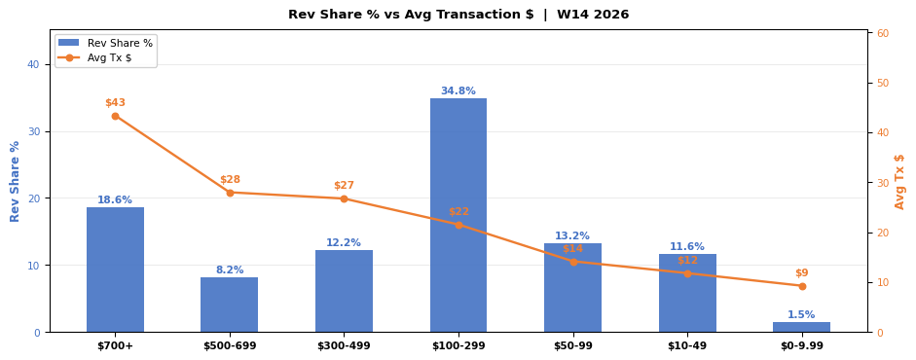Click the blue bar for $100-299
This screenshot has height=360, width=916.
[x=458, y=215]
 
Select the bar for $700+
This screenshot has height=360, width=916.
[x=115, y=270]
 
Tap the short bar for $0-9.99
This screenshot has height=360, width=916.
[x=801, y=327]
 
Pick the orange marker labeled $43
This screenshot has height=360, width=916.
[x=115, y=116]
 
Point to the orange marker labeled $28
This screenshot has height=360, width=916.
[x=230, y=193]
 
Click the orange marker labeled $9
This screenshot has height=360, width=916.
[x=802, y=286]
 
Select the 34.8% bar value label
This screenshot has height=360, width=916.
[x=458, y=91]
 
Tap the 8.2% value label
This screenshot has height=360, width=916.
[x=230, y=270]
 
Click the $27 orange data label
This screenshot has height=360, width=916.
[x=344, y=186]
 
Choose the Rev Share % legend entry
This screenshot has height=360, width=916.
[x=106, y=43]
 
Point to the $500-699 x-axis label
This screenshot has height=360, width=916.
[x=230, y=346]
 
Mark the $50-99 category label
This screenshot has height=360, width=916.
[x=573, y=346]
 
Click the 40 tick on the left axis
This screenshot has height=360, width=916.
[x=34, y=65]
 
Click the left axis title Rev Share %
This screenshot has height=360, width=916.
[x=15, y=181]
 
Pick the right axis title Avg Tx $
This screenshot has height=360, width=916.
[x=899, y=181]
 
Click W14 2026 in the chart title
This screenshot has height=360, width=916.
[x=593, y=15]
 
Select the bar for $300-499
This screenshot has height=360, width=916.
[x=344, y=291]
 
